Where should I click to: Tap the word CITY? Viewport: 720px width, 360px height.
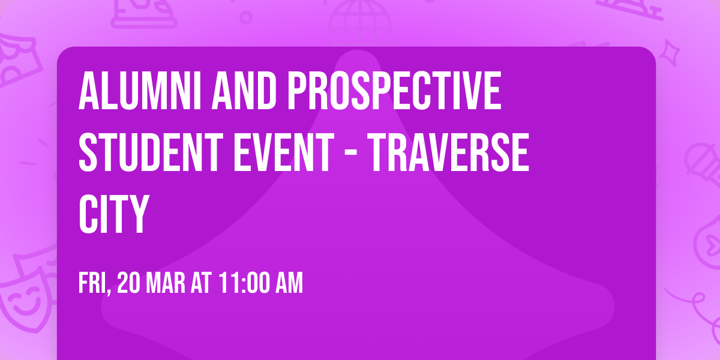click(x=113, y=214)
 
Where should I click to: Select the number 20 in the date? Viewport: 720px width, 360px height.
click(x=128, y=283)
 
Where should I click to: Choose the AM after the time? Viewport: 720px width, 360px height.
click(x=288, y=283)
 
